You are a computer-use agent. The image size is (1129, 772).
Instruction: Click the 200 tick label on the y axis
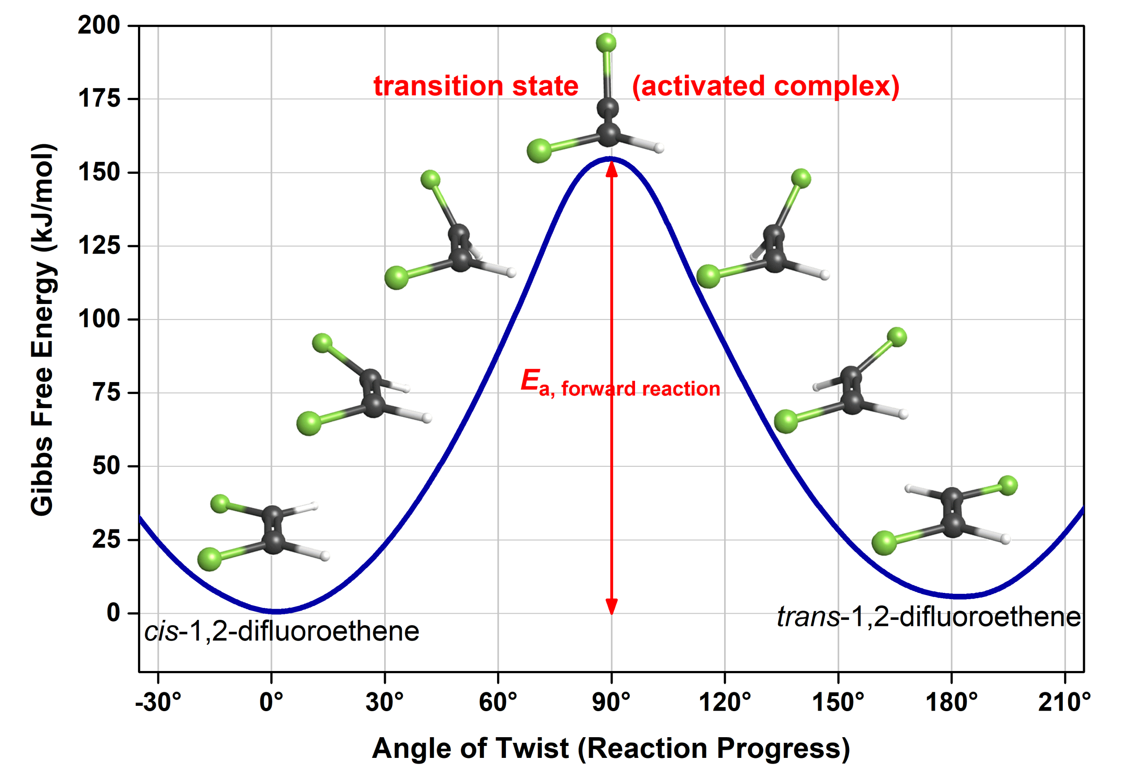pos(99,25)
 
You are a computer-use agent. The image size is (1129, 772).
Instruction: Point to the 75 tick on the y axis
pos(106,392)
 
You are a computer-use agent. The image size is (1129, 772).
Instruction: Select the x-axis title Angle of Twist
pos(611,748)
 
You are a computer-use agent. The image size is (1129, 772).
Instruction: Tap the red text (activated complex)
pos(765,86)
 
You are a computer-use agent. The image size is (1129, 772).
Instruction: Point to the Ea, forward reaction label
pos(620,382)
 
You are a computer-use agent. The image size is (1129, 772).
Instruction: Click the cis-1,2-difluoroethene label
pos(282,632)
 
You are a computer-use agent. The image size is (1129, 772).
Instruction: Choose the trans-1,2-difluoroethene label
pos(928,617)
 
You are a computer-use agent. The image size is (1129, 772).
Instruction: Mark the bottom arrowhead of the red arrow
pos(612,606)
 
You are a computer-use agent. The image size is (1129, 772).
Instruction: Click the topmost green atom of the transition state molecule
pos(606,43)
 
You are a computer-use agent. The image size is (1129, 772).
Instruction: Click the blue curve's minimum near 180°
pos(960,596)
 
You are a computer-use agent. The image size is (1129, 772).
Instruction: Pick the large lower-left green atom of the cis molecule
pos(209,559)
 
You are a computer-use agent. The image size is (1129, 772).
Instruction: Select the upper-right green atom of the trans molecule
pos(1008,485)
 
